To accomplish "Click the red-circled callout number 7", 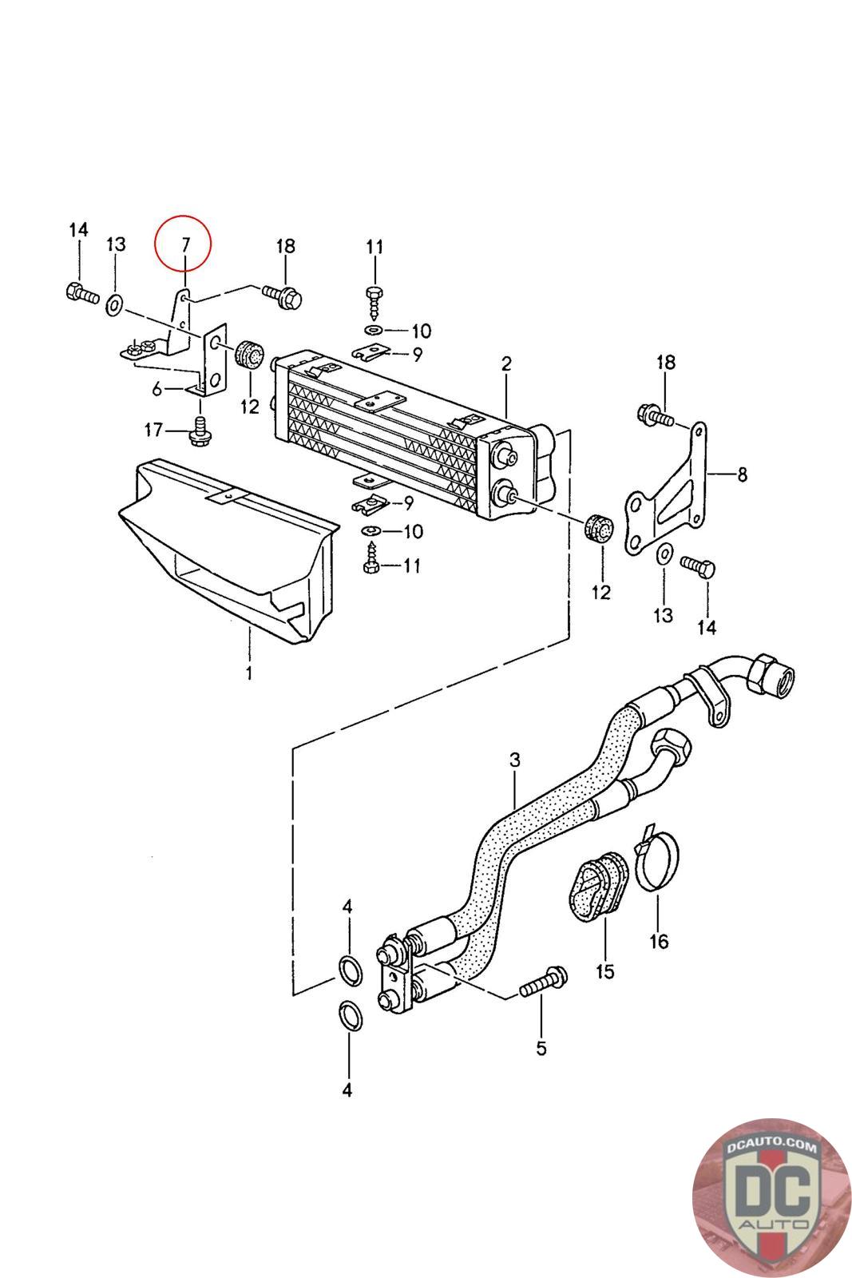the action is tap(184, 244).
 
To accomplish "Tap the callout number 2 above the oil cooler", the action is tap(506, 363).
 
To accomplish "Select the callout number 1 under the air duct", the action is tap(249, 673).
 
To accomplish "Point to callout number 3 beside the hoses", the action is tap(514, 760).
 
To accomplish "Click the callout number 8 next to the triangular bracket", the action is tap(742, 474).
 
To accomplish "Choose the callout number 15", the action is tap(604, 971).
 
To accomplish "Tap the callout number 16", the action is tap(659, 941).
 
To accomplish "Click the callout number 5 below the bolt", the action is tap(541, 1048).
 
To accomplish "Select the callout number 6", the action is tap(157, 389).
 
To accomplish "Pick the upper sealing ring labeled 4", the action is tap(351, 971).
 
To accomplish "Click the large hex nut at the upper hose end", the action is tap(769, 676).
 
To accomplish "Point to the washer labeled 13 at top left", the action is tap(114, 305).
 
